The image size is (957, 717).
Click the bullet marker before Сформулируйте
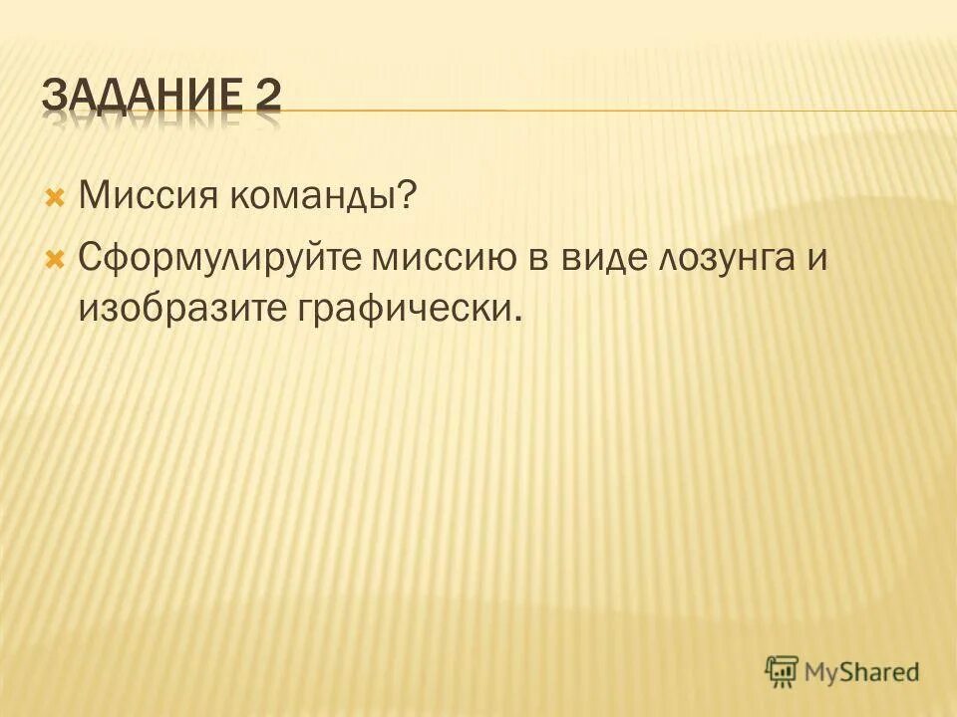55,258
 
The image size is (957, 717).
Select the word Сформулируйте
221,260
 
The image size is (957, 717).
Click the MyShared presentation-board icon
783,670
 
